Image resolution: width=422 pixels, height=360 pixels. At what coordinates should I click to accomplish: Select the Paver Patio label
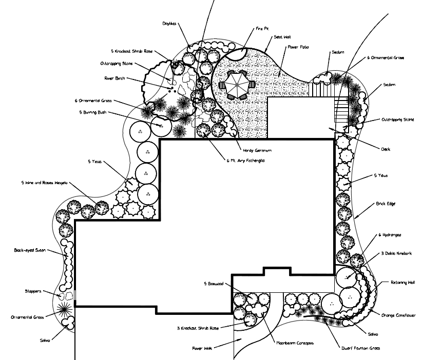(297, 47)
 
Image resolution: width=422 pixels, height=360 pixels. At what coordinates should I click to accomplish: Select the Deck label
(385, 149)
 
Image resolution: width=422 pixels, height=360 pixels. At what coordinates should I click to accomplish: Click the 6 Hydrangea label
(390, 235)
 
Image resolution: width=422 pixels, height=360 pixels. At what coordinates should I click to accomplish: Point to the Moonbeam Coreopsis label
(295, 343)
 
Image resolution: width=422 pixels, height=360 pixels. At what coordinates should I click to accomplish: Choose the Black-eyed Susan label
(30, 251)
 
